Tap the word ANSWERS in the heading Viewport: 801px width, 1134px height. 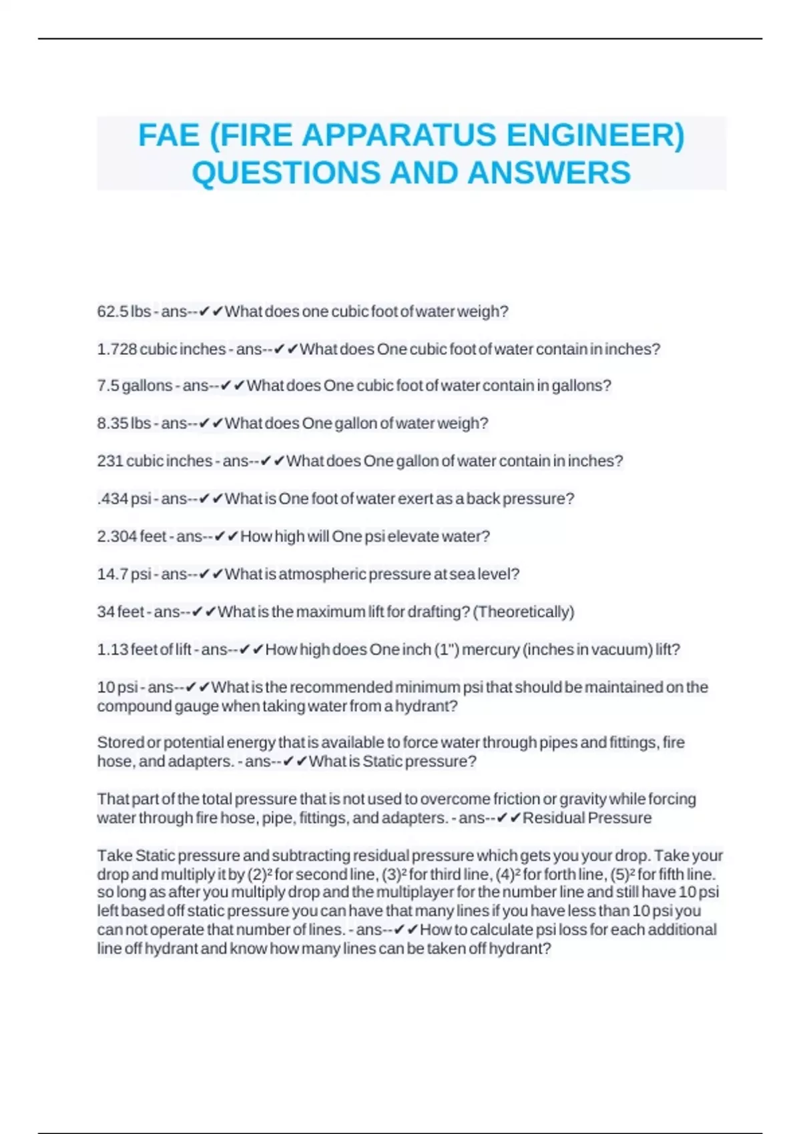coord(549,173)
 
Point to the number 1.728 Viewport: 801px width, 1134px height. coord(117,349)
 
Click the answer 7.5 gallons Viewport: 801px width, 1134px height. coord(135,386)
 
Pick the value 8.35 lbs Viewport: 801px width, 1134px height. coord(124,424)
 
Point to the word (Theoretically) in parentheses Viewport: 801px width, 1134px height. coord(523,612)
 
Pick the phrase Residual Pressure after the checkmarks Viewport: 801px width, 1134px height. coord(587,818)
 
